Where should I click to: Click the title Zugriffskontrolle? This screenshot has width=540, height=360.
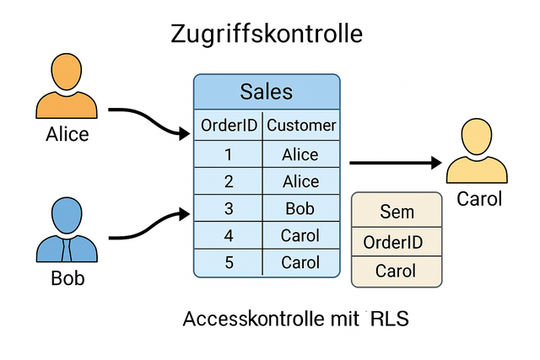[267, 34]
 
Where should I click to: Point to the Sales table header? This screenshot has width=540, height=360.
[267, 91]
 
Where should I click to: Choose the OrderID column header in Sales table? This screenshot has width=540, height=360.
[229, 126]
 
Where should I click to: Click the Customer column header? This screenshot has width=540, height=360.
[301, 126]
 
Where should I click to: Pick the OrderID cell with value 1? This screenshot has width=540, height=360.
[229, 154]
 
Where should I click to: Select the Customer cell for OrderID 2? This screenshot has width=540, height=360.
[301, 181]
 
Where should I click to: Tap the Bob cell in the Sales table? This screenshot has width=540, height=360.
[301, 208]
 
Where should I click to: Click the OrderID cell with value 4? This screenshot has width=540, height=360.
[229, 235]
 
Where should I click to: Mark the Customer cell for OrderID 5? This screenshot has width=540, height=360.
[301, 262]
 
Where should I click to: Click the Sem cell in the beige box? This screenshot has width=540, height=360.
[396, 212]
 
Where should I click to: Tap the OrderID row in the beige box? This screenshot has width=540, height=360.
[396, 243]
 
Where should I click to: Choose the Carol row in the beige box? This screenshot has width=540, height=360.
[396, 271]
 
